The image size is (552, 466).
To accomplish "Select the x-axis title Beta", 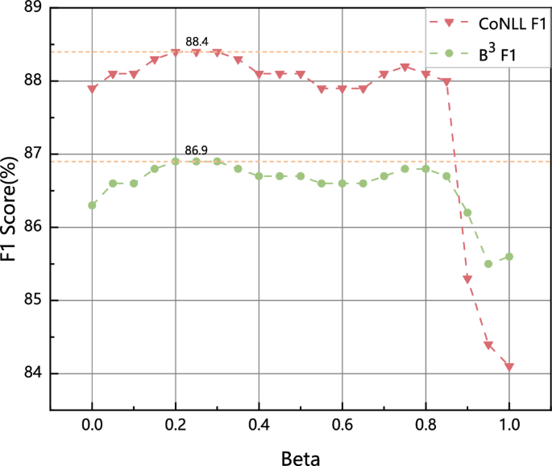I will click(301, 460).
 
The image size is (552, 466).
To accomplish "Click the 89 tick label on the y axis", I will click(33, 8).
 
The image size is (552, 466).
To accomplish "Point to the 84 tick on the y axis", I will click(33, 373).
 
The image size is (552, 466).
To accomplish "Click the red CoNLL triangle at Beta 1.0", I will click(509, 367).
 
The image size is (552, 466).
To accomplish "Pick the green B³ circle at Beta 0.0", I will click(92, 205).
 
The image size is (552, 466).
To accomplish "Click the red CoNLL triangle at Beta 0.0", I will click(92, 89).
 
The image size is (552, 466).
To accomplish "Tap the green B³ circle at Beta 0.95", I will click(488, 264).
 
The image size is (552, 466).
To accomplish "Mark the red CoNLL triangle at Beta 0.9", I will click(467, 278).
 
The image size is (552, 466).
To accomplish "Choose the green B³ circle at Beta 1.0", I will click(509, 257).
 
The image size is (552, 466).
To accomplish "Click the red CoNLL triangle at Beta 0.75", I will click(405, 67).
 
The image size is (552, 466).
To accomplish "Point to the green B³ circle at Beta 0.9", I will click(467, 212).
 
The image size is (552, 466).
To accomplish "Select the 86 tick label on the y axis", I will click(33, 228).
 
